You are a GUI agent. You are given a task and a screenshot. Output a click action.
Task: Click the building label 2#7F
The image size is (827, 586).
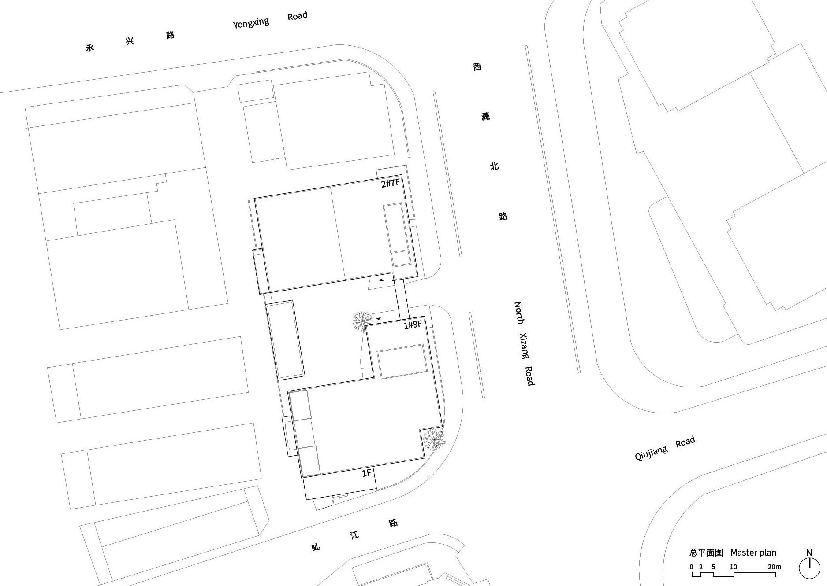[391, 183]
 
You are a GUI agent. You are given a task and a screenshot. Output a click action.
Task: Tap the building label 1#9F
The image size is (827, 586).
[413, 325]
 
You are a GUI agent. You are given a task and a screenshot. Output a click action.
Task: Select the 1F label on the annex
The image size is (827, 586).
[367, 473]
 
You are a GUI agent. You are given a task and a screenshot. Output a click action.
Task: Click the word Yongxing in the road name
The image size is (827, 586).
[251, 22]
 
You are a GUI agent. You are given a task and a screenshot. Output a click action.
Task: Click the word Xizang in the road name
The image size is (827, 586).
[524, 346]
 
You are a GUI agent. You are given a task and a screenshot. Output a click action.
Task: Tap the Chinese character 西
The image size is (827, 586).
[477, 67]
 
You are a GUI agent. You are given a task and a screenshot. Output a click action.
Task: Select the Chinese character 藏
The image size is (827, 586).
[485, 116]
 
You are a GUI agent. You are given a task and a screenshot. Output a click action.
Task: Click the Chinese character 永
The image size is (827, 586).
[90, 48]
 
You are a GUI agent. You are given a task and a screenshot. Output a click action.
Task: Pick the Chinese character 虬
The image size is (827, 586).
[316, 547]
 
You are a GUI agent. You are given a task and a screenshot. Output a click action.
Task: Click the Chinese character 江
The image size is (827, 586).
[354, 535]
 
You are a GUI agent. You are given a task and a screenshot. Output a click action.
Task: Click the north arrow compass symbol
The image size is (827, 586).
[809, 568]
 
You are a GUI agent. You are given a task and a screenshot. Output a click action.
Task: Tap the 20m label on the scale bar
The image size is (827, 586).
[775, 567]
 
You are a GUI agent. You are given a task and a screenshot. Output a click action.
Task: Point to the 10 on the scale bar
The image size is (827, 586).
[734, 567]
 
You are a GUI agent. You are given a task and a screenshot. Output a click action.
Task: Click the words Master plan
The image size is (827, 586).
[753, 553]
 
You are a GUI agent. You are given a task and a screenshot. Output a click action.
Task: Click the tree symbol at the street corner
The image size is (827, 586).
[434, 439]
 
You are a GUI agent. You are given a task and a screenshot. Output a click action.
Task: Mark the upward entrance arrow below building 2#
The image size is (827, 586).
[381, 280]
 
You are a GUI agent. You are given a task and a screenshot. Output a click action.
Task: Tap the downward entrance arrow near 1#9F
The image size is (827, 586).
[378, 318]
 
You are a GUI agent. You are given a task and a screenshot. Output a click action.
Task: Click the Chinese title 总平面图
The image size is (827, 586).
[706, 553]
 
